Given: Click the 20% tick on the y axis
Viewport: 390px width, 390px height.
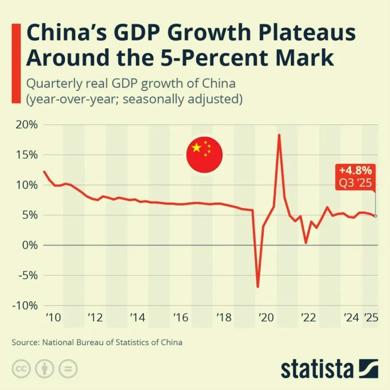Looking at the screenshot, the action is pos(27,125).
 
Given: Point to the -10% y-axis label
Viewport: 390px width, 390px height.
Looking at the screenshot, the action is pos(25,305).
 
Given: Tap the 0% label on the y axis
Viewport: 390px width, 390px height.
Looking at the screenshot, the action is pos(30,245).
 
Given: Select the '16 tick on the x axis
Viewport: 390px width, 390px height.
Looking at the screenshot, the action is pos(181,317).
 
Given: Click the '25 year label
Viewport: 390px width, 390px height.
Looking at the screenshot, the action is pos(371,317).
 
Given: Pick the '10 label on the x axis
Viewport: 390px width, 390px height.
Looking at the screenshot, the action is pos(53,317).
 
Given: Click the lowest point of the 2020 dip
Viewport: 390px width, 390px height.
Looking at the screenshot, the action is pos(258,287).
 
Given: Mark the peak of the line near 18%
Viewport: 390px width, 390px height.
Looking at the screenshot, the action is pos(279,135).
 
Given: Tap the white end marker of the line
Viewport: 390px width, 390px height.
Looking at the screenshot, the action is pos(375,216).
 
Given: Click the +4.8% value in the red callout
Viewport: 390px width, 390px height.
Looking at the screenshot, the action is pos(356,171).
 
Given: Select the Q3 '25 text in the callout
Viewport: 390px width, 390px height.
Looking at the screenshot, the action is pos(356,183).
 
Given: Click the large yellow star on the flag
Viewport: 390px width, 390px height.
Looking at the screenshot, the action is pos(197,148).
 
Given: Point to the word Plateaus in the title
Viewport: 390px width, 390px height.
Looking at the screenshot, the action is pos(307,33).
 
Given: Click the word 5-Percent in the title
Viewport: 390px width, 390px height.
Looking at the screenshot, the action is pos(214,58).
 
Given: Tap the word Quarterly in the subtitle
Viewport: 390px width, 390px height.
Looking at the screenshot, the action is pos(54,84).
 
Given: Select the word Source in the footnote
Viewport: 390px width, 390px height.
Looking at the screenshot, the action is pos(25,342).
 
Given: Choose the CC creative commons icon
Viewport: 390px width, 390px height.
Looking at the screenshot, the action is pos(21,369).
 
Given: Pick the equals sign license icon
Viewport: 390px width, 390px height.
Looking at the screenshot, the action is pos(68,369).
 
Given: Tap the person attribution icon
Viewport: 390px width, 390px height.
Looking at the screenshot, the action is pos(45,369).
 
